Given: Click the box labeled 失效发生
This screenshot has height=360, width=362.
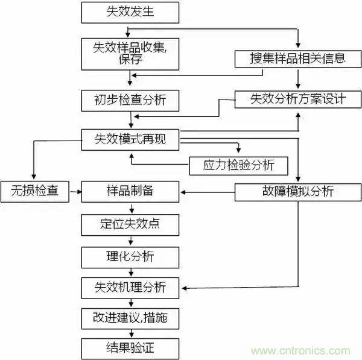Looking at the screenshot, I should [130, 11].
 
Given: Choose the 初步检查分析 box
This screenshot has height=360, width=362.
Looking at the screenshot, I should [130, 100].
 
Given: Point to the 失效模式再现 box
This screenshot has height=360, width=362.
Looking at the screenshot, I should [130, 139].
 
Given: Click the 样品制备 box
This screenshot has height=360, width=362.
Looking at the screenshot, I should [130, 191].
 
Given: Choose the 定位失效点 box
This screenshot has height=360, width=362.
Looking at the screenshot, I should [130, 224].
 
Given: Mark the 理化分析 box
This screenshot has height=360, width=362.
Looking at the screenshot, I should [130, 256].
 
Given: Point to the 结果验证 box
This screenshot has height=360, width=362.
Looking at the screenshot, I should [130, 347].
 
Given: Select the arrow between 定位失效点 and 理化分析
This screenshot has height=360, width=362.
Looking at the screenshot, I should [130, 241].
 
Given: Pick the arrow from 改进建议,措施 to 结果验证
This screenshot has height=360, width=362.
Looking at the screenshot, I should [130, 332].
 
